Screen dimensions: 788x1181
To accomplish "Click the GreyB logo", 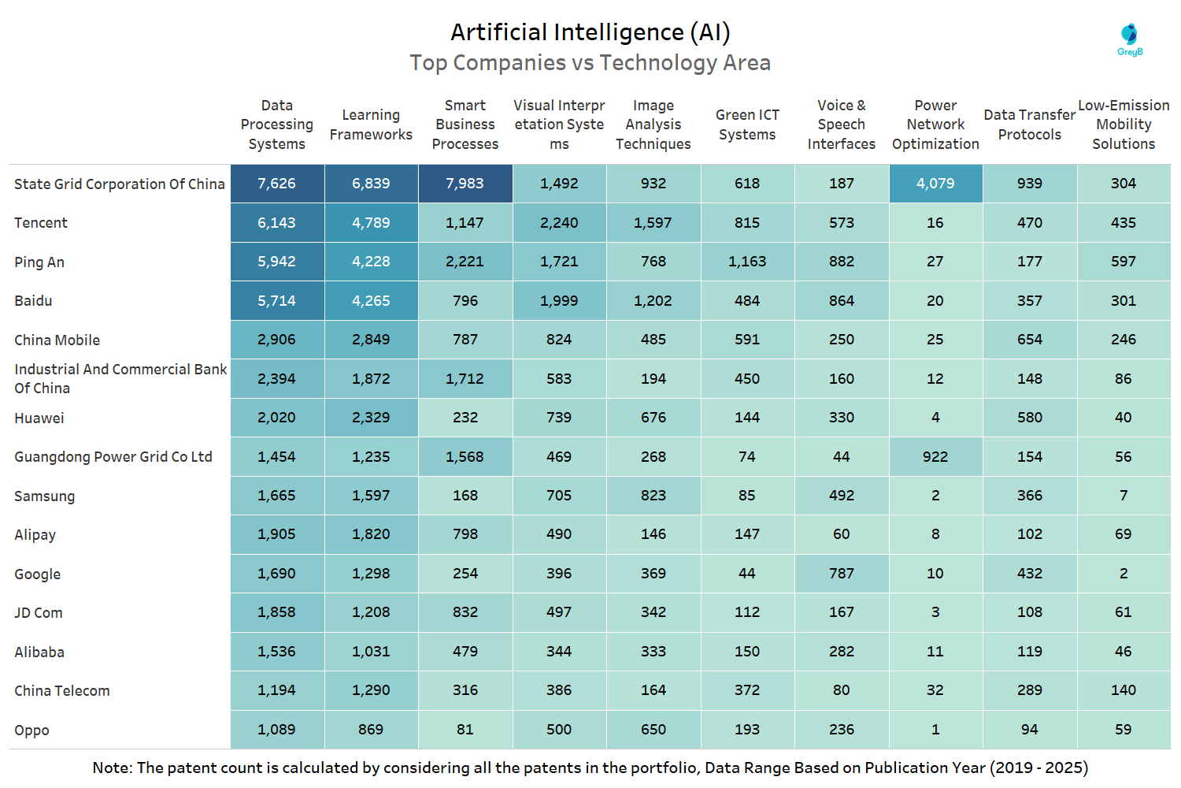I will (x=1130, y=39).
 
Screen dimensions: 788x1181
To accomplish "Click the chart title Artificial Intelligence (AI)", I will (x=590, y=32).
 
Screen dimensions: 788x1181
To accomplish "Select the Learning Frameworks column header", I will (x=371, y=125).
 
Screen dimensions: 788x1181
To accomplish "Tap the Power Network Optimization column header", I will (x=935, y=125).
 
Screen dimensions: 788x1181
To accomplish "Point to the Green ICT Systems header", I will (x=747, y=125).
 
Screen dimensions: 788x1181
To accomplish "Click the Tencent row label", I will (x=41, y=223).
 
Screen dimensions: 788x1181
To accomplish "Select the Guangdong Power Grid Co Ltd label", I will (x=113, y=457).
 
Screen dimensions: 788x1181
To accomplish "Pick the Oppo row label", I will (x=31, y=730).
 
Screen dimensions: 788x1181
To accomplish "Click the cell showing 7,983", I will (x=465, y=184).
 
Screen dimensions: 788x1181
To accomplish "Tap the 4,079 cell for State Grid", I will (x=935, y=184).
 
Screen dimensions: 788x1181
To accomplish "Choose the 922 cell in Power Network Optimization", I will (x=935, y=457).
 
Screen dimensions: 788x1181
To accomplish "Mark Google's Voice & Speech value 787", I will (x=842, y=574).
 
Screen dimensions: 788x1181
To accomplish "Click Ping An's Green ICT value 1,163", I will (x=747, y=262).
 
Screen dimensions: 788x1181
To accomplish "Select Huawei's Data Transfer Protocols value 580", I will (x=1030, y=418).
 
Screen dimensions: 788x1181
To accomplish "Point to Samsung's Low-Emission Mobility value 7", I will (x=1124, y=496).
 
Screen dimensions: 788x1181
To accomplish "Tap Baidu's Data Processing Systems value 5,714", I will (x=277, y=301).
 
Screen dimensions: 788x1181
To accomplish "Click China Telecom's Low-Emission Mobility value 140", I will (x=1124, y=690).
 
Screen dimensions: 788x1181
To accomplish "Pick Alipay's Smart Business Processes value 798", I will (x=465, y=534).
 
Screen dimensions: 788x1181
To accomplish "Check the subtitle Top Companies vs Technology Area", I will (x=590, y=63).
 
